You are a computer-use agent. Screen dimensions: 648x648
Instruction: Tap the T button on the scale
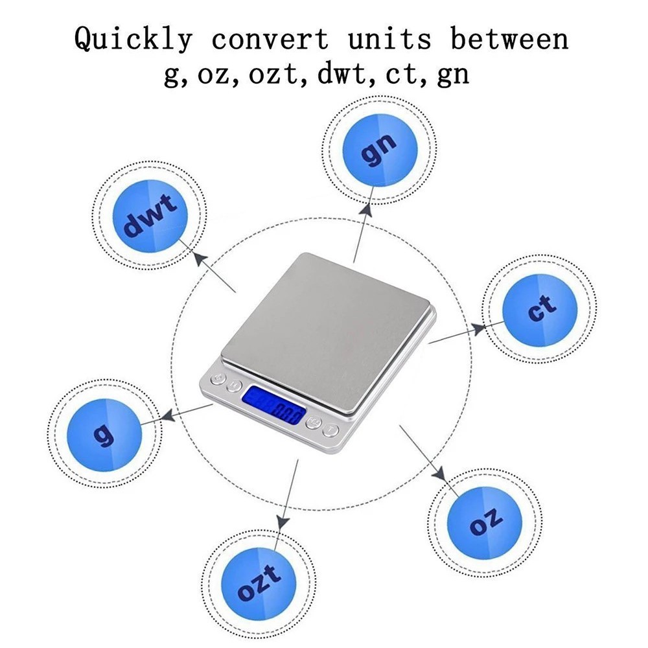tap(331, 429)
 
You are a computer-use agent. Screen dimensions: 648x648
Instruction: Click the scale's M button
tap(234, 387)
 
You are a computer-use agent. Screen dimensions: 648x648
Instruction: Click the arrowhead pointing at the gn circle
tap(368, 209)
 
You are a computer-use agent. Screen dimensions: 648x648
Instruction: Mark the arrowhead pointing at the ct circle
tap(480, 329)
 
